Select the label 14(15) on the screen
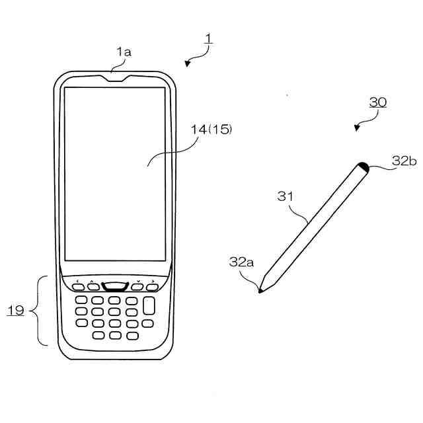(x=211, y=130)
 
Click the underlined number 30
(x=377, y=102)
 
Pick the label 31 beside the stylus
(x=286, y=197)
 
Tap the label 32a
(x=242, y=262)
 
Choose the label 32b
(x=403, y=161)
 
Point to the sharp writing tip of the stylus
(x=260, y=290)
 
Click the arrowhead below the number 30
(x=358, y=127)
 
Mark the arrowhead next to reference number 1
(x=188, y=63)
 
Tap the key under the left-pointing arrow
(x=79, y=287)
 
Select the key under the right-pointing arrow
(x=152, y=287)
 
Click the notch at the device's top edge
(x=115, y=75)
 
